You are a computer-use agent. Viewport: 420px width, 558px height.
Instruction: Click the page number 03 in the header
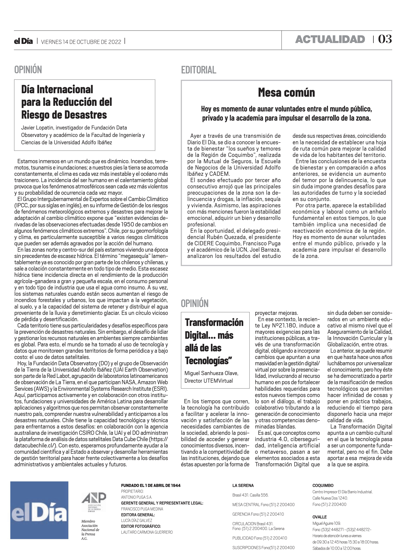[385, 39]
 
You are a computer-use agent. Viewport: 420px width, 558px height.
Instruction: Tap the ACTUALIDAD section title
[330, 40]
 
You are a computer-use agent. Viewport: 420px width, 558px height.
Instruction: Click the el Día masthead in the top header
[23, 41]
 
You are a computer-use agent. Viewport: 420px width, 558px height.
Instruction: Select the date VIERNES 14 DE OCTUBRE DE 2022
[81, 42]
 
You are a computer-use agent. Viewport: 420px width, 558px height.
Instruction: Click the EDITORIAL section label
[199, 70]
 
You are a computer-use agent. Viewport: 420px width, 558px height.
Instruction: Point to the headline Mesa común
[286, 93]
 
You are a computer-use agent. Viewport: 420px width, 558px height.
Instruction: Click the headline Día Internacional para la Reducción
[66, 102]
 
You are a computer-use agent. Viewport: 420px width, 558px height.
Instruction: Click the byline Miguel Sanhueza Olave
[211, 373]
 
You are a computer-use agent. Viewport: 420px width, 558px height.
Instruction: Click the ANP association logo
[94, 502]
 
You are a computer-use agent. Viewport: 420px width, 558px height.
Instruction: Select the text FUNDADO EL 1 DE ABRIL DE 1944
[151, 485]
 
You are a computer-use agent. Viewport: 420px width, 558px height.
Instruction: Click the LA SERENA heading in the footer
[243, 485]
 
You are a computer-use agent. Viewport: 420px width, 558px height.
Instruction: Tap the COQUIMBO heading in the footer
[323, 485]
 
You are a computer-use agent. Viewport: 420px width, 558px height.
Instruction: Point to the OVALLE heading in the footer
[319, 517]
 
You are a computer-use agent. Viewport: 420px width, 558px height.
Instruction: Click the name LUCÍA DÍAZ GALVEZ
[136, 520]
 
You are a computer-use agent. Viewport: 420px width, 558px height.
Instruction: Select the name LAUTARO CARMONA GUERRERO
[147, 532]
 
